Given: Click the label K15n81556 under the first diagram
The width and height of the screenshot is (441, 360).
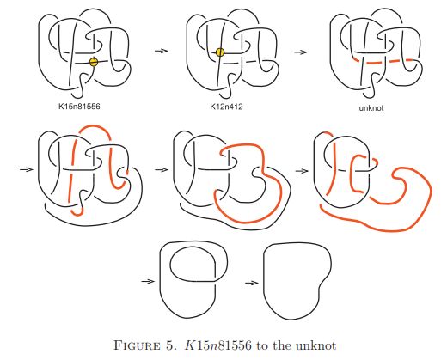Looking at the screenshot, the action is [79, 107].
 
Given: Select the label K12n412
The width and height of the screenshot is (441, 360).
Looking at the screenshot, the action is [226, 107].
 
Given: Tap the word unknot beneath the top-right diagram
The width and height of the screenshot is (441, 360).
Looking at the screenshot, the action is [371, 108].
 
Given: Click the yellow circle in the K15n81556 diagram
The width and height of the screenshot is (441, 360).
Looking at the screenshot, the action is [94, 62].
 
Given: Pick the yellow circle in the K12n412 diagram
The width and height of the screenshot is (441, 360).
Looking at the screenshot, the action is [220, 52].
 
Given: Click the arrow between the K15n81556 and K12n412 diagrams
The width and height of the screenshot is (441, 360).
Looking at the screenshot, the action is [162, 51].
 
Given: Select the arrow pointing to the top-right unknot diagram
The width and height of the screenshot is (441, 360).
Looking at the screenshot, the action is [301, 52].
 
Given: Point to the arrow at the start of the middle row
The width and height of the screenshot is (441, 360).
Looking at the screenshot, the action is [27, 169].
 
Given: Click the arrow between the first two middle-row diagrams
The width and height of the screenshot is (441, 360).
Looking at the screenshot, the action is [162, 169].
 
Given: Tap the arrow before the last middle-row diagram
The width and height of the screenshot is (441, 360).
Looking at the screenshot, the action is [302, 171].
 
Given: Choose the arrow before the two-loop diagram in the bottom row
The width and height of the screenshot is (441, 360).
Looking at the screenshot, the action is [148, 281].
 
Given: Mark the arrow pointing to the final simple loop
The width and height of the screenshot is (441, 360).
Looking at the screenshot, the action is [252, 283].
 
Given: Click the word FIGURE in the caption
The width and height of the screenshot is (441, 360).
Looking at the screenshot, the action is [137, 345].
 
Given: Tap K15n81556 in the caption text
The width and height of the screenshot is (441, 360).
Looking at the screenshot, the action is [218, 345].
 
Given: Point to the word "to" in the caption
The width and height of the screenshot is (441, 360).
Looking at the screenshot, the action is [262, 345].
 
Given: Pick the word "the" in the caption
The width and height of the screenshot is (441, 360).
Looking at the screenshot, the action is [282, 345].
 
